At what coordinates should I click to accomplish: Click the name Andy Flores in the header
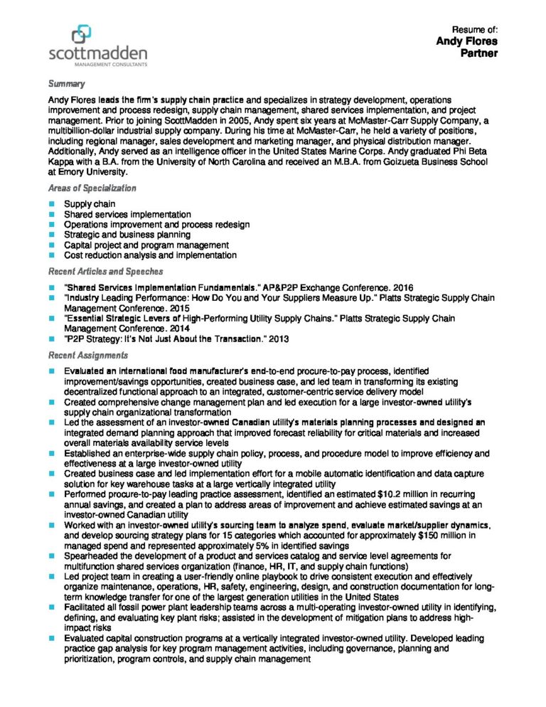466,41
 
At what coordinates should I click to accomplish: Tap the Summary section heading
66,84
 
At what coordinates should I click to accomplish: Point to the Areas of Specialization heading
92,188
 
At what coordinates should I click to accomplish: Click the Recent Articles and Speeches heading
105,272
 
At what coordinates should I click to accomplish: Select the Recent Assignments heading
88,355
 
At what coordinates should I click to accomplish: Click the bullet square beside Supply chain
52,204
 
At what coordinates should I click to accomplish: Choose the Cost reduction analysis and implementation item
150,255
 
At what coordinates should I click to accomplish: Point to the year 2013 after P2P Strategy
278,339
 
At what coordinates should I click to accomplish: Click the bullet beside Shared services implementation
52,214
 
